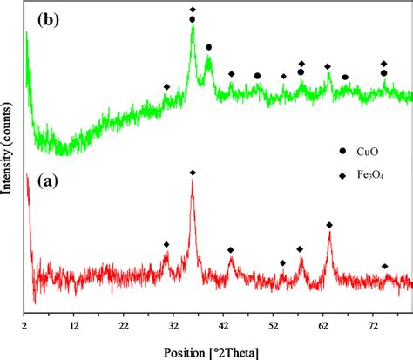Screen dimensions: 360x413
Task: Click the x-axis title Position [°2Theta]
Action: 218,345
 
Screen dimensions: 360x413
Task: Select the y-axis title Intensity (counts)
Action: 8,157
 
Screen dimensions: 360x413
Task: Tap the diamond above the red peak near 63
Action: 329,225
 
